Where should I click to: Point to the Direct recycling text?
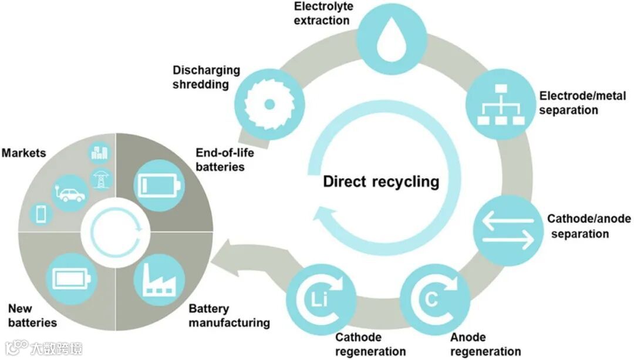click(x=381, y=181)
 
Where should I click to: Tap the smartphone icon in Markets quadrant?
click(x=41, y=214)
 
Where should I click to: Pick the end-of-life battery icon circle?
click(x=158, y=184)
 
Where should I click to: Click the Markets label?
click(x=24, y=153)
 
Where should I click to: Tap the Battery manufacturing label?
click(x=229, y=315)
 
